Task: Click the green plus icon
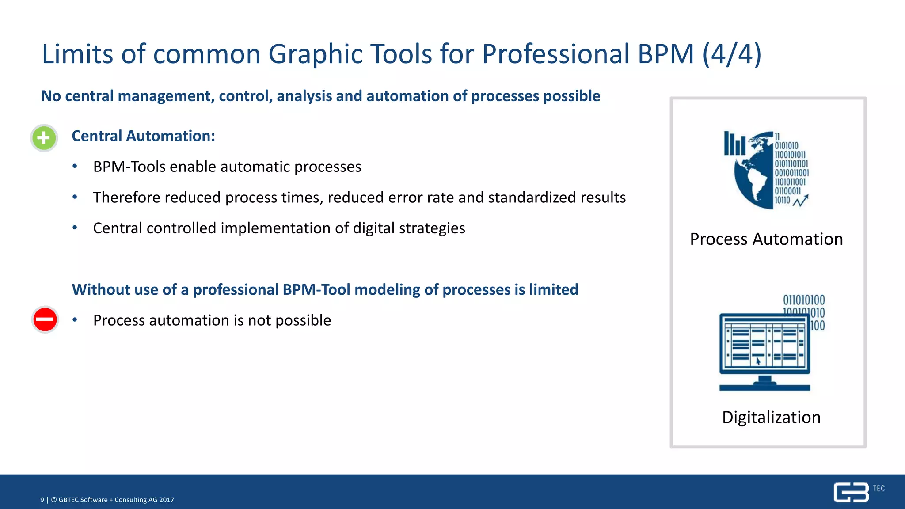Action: point(44,138)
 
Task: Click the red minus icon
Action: point(45,319)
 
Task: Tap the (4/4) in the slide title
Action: point(732,54)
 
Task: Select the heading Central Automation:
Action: point(143,136)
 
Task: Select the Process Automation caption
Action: point(766,239)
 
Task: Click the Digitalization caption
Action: point(771,417)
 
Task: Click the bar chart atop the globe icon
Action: point(734,144)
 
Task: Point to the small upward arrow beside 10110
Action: point(801,201)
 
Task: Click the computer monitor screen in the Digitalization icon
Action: point(764,343)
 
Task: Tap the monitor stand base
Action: point(764,387)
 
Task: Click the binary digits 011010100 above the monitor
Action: point(803,300)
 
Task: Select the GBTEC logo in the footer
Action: point(853,492)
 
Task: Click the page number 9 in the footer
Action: point(42,500)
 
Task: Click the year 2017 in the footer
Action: point(167,500)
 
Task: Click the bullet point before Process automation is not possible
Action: point(75,319)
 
